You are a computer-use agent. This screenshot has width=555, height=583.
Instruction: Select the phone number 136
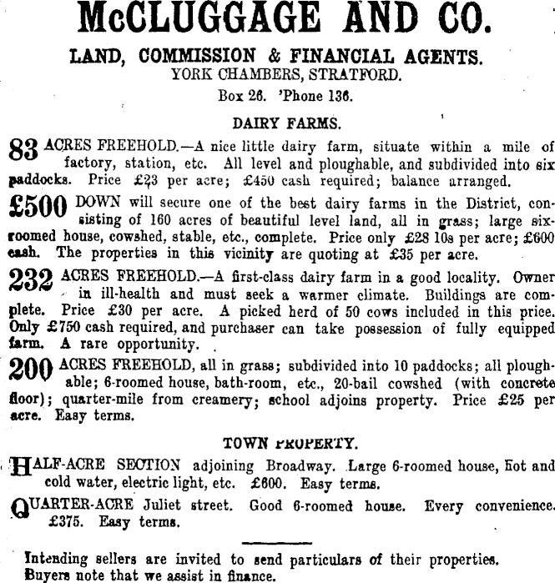pos(340,95)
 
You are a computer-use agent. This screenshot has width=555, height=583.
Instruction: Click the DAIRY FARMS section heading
pos(286,123)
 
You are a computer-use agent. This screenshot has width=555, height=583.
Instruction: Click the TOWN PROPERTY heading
pos(291,443)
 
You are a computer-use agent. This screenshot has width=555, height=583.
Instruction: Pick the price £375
pos(66,523)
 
